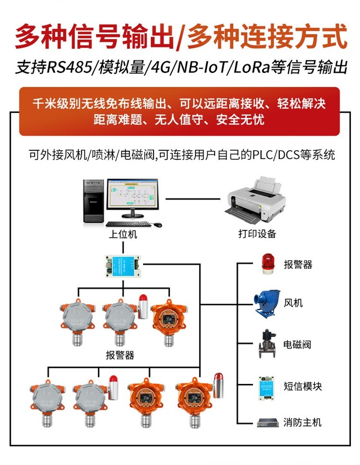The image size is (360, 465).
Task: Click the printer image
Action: click(x=257, y=202)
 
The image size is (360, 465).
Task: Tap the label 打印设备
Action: click(x=257, y=234)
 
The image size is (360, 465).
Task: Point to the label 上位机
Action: click(x=122, y=234)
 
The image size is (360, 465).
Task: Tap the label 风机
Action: click(x=293, y=303)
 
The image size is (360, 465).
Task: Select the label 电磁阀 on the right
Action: click(x=298, y=345)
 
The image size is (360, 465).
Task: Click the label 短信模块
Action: click(x=302, y=385)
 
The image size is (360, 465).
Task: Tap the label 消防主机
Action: click(x=302, y=422)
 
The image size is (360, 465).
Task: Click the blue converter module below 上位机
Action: click(x=123, y=264)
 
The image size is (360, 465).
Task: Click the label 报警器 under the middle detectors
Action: click(x=120, y=356)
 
